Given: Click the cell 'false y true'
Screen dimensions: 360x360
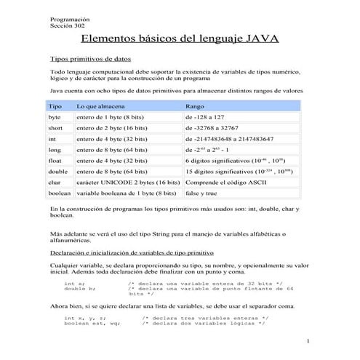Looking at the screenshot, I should coord(201,194).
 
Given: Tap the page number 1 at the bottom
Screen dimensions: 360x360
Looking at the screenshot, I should coord(308,340).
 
